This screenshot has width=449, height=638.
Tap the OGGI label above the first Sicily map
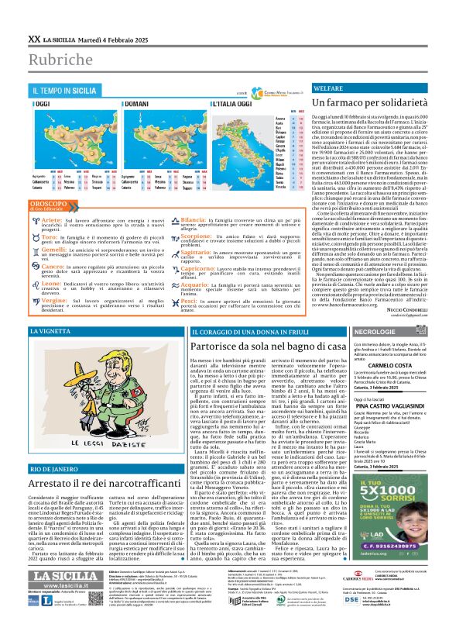coord(42,103)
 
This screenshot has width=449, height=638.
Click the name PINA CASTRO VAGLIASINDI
coord(373,426)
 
